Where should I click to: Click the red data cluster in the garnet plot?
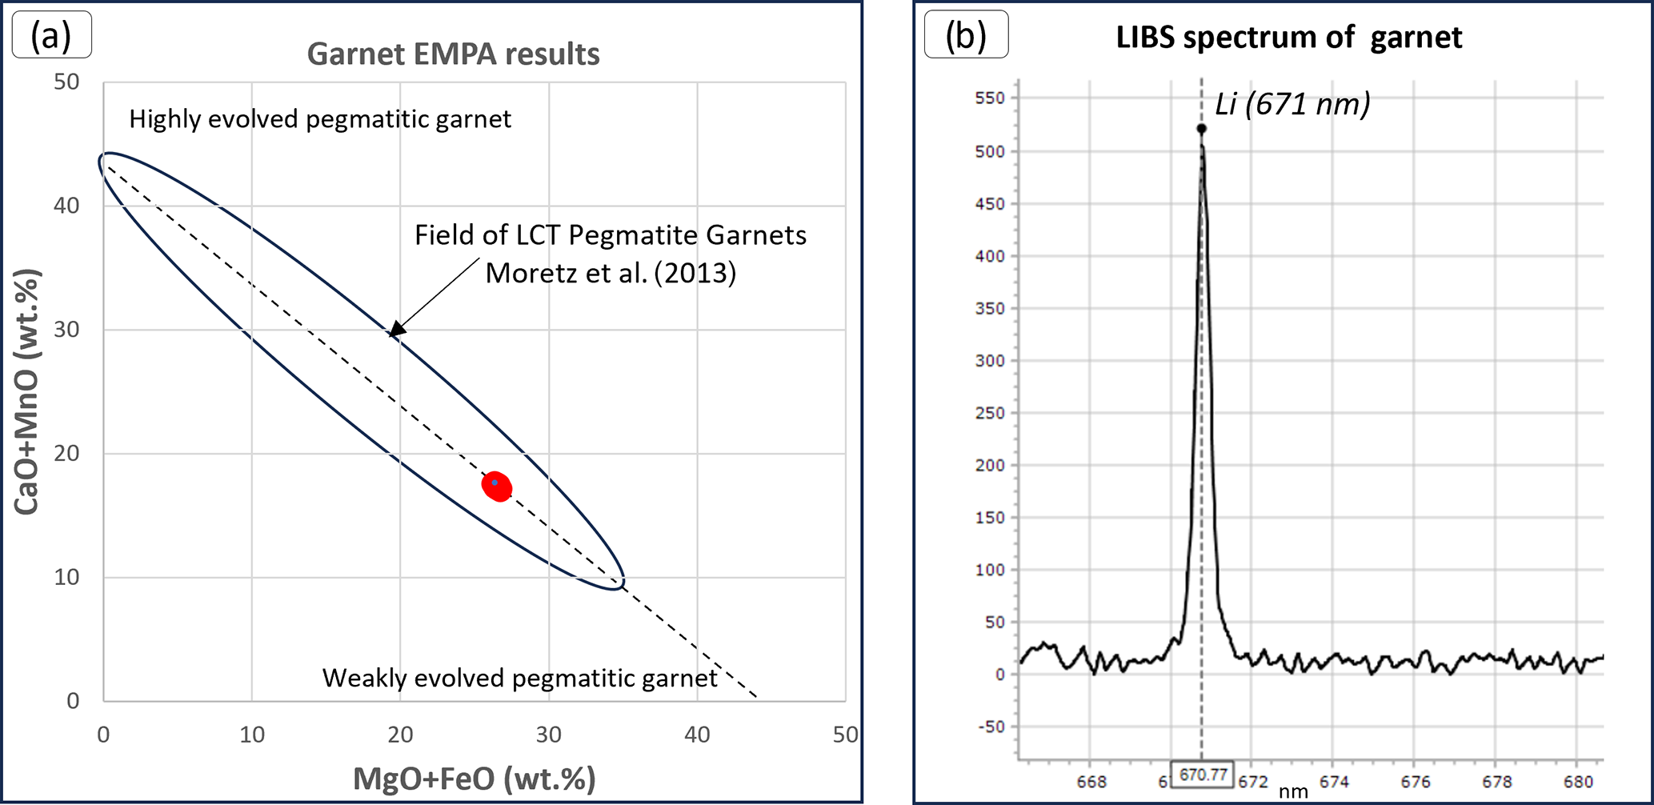(x=497, y=486)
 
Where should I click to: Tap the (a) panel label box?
(x=52, y=36)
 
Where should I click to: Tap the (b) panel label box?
(x=966, y=36)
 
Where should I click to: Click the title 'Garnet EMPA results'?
(x=453, y=54)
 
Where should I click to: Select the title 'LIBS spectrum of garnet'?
(x=1288, y=38)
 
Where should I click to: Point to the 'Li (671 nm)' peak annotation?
(x=1292, y=104)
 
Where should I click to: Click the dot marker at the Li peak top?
(x=1202, y=129)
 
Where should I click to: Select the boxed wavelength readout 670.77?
(x=1203, y=775)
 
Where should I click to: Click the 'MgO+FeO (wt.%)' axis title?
(x=475, y=779)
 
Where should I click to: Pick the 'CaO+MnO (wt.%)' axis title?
(x=26, y=392)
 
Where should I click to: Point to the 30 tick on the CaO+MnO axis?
(x=67, y=330)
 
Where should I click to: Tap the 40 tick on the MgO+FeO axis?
(x=697, y=735)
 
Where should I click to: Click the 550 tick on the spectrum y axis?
(x=990, y=98)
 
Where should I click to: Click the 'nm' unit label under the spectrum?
(x=1293, y=792)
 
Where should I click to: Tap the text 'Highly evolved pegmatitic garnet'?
(x=320, y=119)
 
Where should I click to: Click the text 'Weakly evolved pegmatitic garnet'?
(x=519, y=679)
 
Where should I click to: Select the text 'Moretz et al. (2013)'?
(x=611, y=274)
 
